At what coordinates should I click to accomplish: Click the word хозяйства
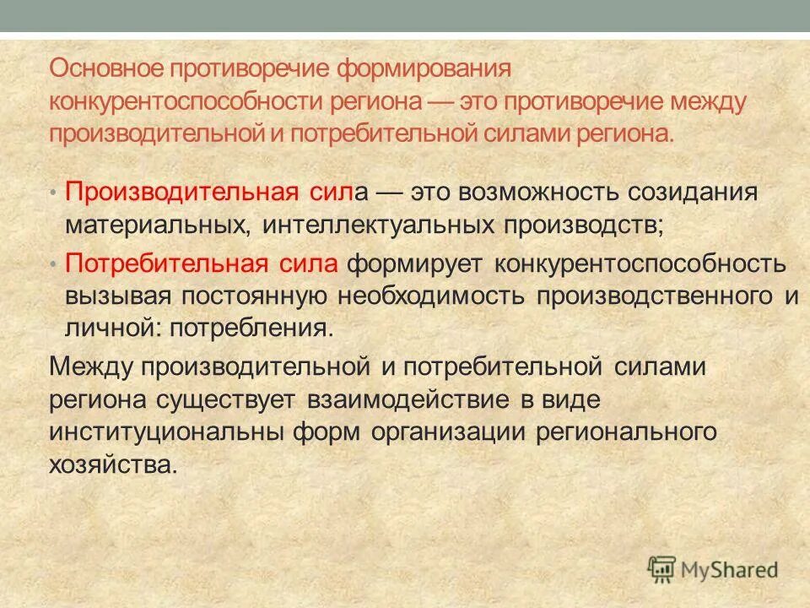tap(114, 464)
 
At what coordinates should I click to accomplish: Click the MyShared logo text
tap(732, 568)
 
